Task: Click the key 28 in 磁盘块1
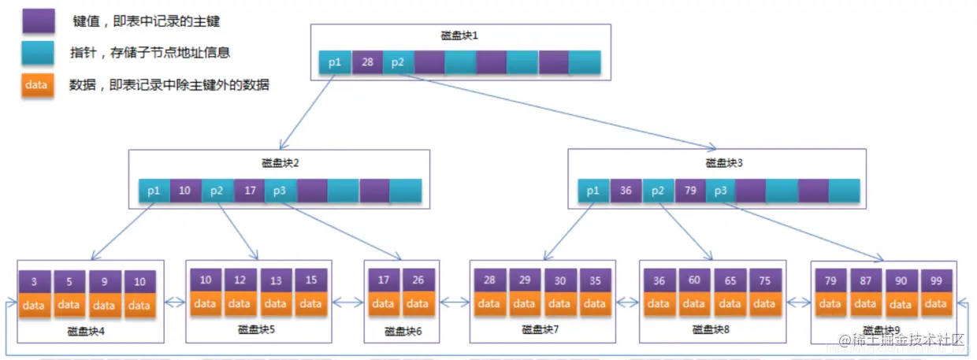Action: pyautogui.click(x=366, y=62)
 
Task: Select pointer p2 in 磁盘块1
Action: pyautogui.click(x=398, y=62)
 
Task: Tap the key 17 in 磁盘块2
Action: pyautogui.click(x=249, y=191)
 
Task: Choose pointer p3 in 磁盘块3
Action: pyautogui.click(x=720, y=191)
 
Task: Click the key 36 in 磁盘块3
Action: pyautogui.click(x=626, y=191)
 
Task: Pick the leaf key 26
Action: pyautogui.click(x=418, y=280)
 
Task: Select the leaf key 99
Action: pyautogui.click(x=935, y=280)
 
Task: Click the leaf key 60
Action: pyautogui.click(x=694, y=280)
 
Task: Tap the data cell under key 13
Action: pyautogui.click(x=275, y=303)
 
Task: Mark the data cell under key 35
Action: pyautogui.click(x=595, y=303)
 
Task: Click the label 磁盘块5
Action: pyautogui.click(x=256, y=330)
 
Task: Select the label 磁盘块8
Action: pyautogui.click(x=711, y=330)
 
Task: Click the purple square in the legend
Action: pyautogui.click(x=39, y=21)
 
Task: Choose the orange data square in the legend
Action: pyautogui.click(x=39, y=84)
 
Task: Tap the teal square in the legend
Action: pyautogui.click(x=39, y=53)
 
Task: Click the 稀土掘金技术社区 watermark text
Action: pyautogui.click(x=902, y=340)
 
